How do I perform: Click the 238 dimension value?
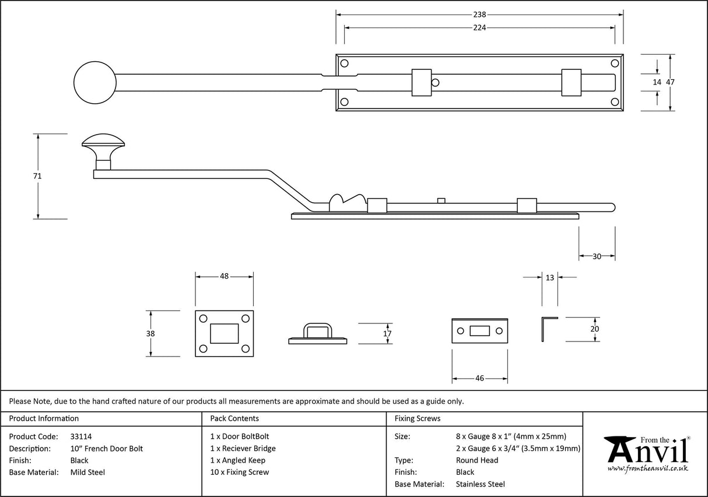(479, 15)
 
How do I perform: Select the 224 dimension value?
(479, 27)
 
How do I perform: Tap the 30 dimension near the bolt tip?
(597, 256)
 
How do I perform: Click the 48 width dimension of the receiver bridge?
(224, 277)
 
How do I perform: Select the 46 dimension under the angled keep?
(479, 378)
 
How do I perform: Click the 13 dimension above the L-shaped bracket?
(549, 278)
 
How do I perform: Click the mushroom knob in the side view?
(103, 144)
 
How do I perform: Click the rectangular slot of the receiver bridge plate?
(224, 333)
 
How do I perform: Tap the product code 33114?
(80, 436)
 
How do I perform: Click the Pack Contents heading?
(234, 418)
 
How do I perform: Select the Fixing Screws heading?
(418, 418)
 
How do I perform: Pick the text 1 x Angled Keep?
(237, 460)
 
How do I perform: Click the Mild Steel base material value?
(87, 473)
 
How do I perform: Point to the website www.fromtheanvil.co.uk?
(647, 468)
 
